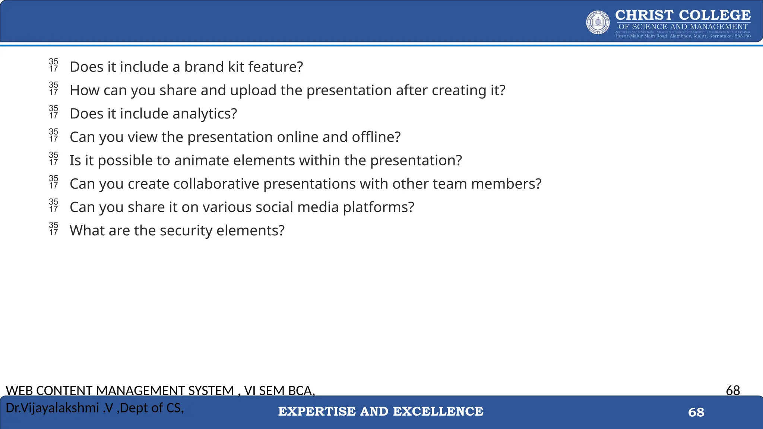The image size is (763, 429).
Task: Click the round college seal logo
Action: coord(598,22)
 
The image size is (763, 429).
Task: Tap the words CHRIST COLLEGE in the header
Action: coord(683,15)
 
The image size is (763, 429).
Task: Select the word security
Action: coord(186,231)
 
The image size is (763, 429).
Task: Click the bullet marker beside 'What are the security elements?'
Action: coord(54,229)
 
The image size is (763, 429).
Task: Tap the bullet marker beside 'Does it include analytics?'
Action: coord(54,112)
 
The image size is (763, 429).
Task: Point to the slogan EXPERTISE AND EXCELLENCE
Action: coord(381,411)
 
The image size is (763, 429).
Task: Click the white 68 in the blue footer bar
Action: coord(696,412)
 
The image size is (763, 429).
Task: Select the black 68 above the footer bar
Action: coord(733,390)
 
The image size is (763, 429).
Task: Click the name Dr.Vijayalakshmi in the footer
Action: coord(52,408)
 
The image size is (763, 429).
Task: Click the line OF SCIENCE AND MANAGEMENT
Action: coord(683,27)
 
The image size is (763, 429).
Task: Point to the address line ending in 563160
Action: coord(683,36)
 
